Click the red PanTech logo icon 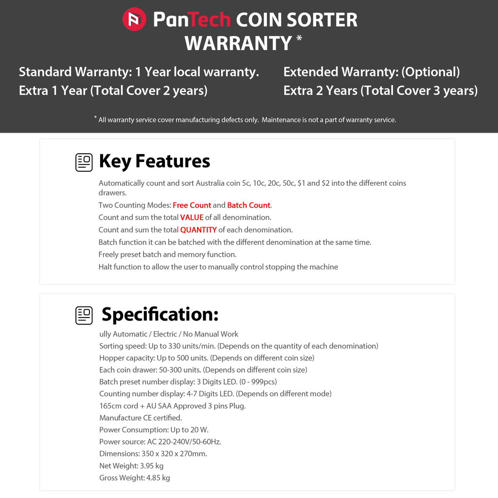pyautogui.click(x=134, y=19)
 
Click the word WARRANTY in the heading pyautogui.click(x=238, y=43)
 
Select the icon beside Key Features pyautogui.click(x=84, y=162)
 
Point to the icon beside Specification pyautogui.click(x=84, y=315)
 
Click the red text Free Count pyautogui.click(x=192, y=205)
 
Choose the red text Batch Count pyautogui.click(x=249, y=205)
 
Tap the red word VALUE pyautogui.click(x=192, y=217)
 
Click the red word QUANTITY pyautogui.click(x=198, y=230)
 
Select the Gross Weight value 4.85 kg pyautogui.click(x=158, y=478)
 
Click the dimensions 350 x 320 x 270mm pyautogui.click(x=174, y=454)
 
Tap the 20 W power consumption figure pyautogui.click(x=199, y=430)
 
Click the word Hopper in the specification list pyautogui.click(x=112, y=358)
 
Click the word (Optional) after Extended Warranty pyautogui.click(x=430, y=72)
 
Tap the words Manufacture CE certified pyautogui.click(x=141, y=418)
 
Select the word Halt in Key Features pyautogui.click(x=106, y=267)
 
